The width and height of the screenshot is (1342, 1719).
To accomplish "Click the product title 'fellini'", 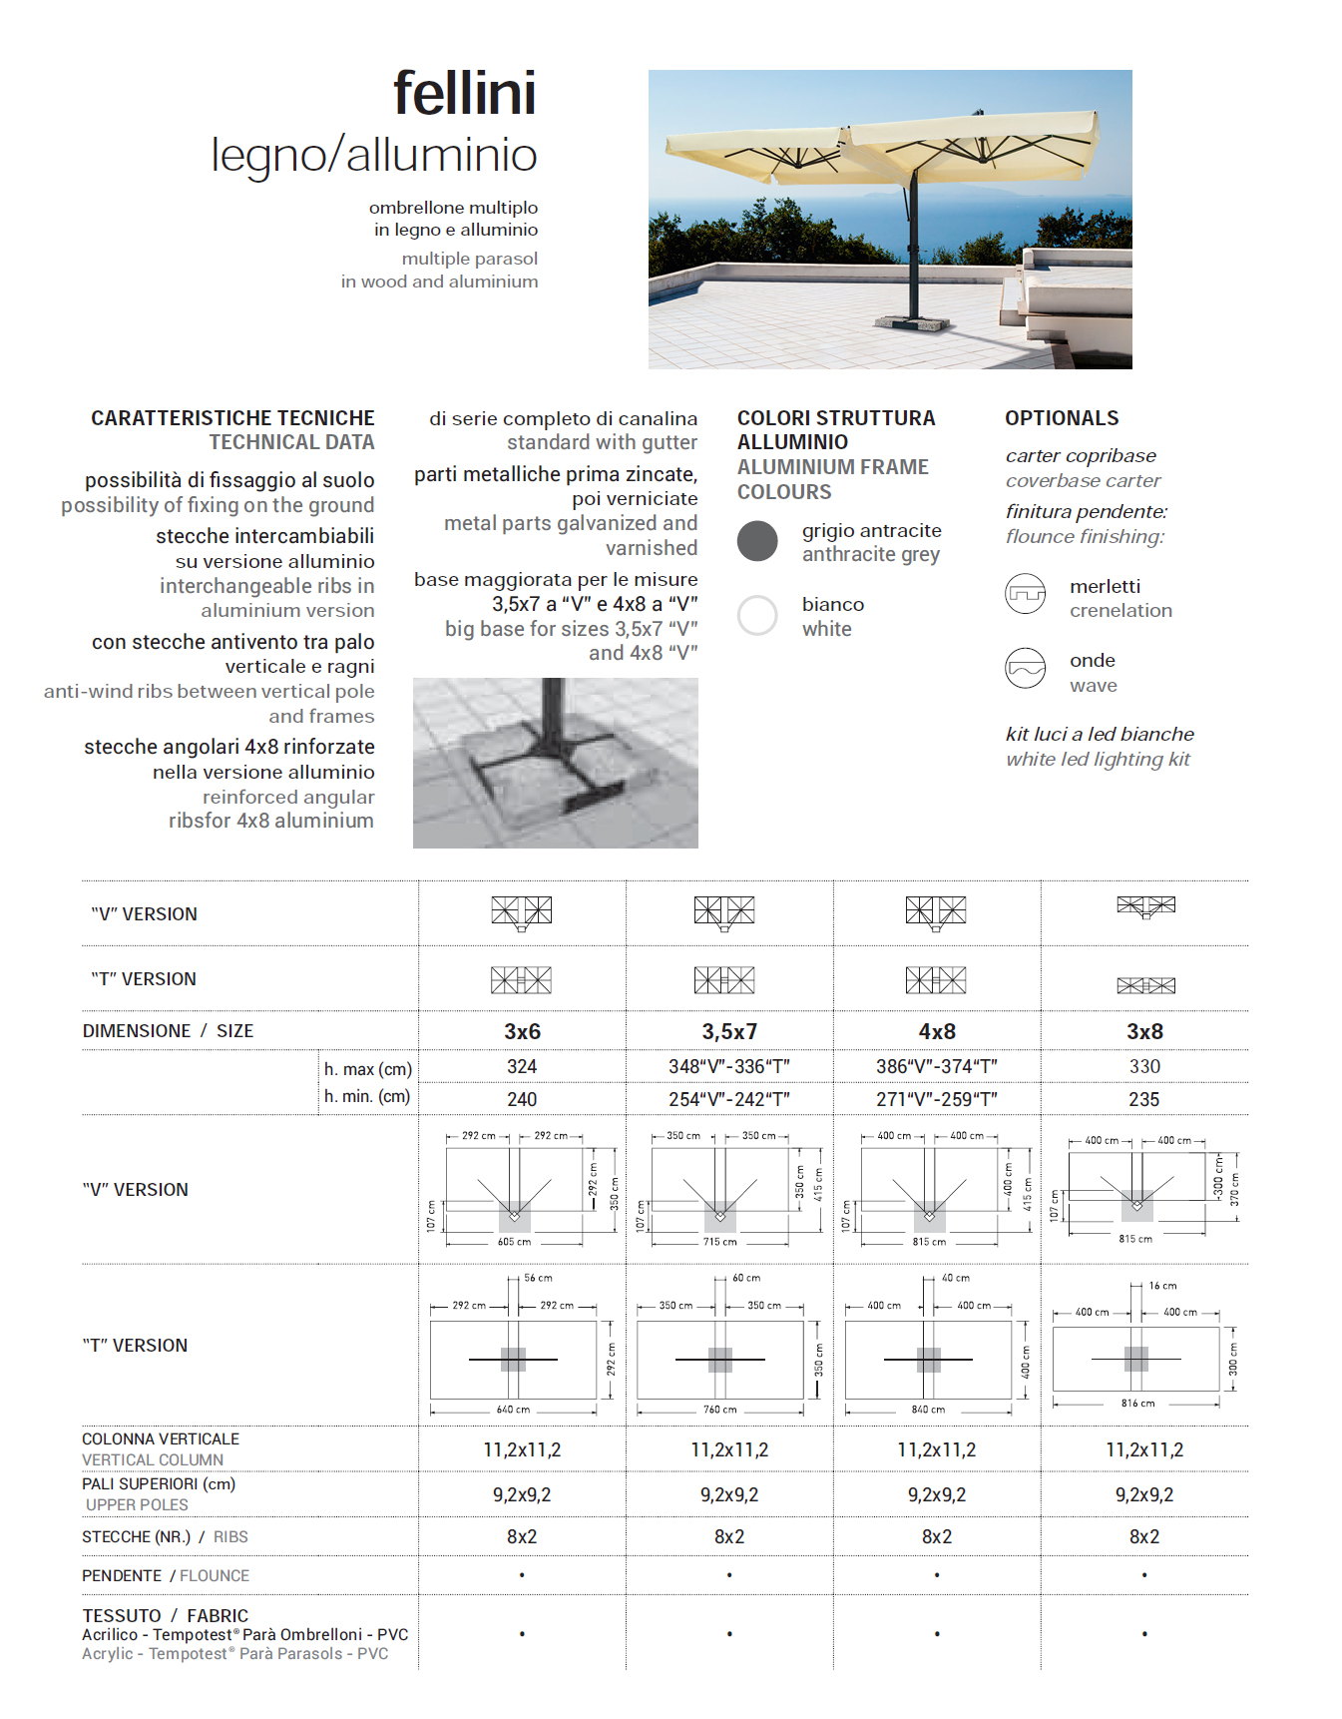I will click(x=464, y=94).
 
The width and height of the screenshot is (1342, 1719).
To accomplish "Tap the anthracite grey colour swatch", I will click(x=757, y=541).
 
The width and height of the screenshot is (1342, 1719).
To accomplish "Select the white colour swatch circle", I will click(x=757, y=615).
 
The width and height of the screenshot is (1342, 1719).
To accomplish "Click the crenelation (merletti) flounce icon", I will click(x=1025, y=594).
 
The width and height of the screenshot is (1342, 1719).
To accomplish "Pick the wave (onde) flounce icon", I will click(x=1025, y=669).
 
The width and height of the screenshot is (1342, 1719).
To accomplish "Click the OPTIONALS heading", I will click(x=1062, y=418).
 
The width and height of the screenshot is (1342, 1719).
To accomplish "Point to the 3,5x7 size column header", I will click(x=729, y=1031).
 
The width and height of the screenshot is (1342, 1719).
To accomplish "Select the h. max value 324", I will click(x=522, y=1067).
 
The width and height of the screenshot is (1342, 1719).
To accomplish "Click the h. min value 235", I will click(x=1144, y=1099).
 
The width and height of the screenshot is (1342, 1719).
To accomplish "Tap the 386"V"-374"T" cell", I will click(x=937, y=1067).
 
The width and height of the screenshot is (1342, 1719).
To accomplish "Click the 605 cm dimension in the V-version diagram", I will click(x=514, y=1242).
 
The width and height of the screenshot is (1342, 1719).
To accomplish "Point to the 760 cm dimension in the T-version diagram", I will click(x=719, y=1410).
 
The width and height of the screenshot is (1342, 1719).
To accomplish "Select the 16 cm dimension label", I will click(x=1162, y=1286).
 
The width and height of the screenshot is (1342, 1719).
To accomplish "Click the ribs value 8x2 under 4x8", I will click(x=937, y=1537).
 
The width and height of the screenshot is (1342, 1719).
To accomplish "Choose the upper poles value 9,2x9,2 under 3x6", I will click(x=522, y=1495).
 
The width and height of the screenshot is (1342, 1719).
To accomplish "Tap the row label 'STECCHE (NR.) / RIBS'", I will click(x=165, y=1537).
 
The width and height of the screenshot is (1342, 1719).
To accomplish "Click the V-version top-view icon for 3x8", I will click(x=1145, y=906).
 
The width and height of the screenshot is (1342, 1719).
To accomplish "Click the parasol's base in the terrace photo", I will click(x=911, y=321).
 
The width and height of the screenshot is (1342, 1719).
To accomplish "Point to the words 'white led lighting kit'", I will click(x=1098, y=760).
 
